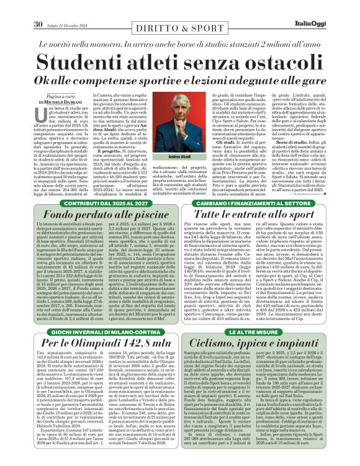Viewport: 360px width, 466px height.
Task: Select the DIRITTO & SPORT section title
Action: (x=179, y=8)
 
